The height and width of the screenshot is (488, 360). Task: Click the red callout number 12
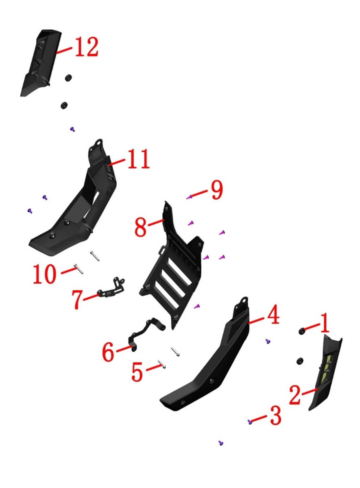tap(87, 47)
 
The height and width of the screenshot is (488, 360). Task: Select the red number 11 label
tap(139, 159)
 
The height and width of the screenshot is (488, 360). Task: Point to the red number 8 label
tap(141, 227)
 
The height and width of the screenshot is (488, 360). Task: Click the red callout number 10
tap(44, 274)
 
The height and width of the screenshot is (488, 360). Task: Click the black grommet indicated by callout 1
tap(302, 331)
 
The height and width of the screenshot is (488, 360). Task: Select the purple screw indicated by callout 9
tap(190, 197)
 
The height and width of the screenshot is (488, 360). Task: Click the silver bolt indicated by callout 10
tap(79, 269)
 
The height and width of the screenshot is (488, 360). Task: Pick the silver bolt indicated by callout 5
tap(162, 364)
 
